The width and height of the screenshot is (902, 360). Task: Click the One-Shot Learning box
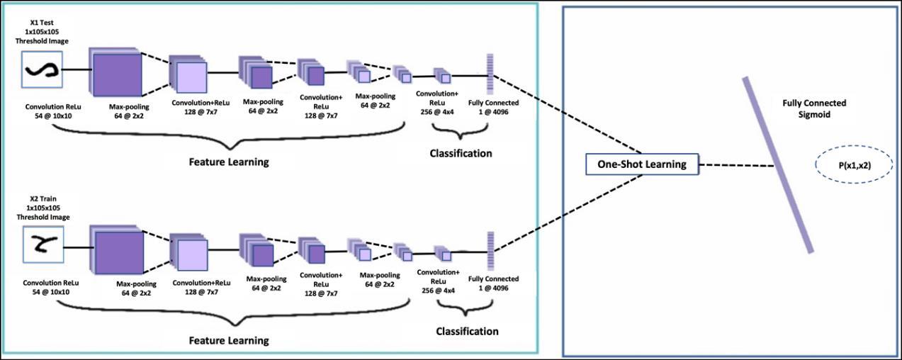pos(641,164)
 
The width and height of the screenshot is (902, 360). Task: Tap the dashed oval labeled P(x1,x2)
pos(855,166)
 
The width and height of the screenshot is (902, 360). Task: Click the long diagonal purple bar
pos(777,164)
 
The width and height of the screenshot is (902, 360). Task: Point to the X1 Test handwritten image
pos(41,69)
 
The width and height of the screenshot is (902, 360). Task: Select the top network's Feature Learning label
pos(228,162)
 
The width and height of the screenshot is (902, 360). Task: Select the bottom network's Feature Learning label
pos(228,340)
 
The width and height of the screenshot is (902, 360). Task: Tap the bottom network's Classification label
pos(466,331)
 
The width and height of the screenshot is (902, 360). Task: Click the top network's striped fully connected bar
pos(489,74)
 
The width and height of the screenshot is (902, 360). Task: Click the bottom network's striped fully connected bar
pos(489,252)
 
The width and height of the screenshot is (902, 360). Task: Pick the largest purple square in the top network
pos(118,71)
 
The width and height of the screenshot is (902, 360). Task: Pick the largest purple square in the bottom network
pos(118,249)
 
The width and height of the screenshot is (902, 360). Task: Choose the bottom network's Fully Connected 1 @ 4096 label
pos(493,283)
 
